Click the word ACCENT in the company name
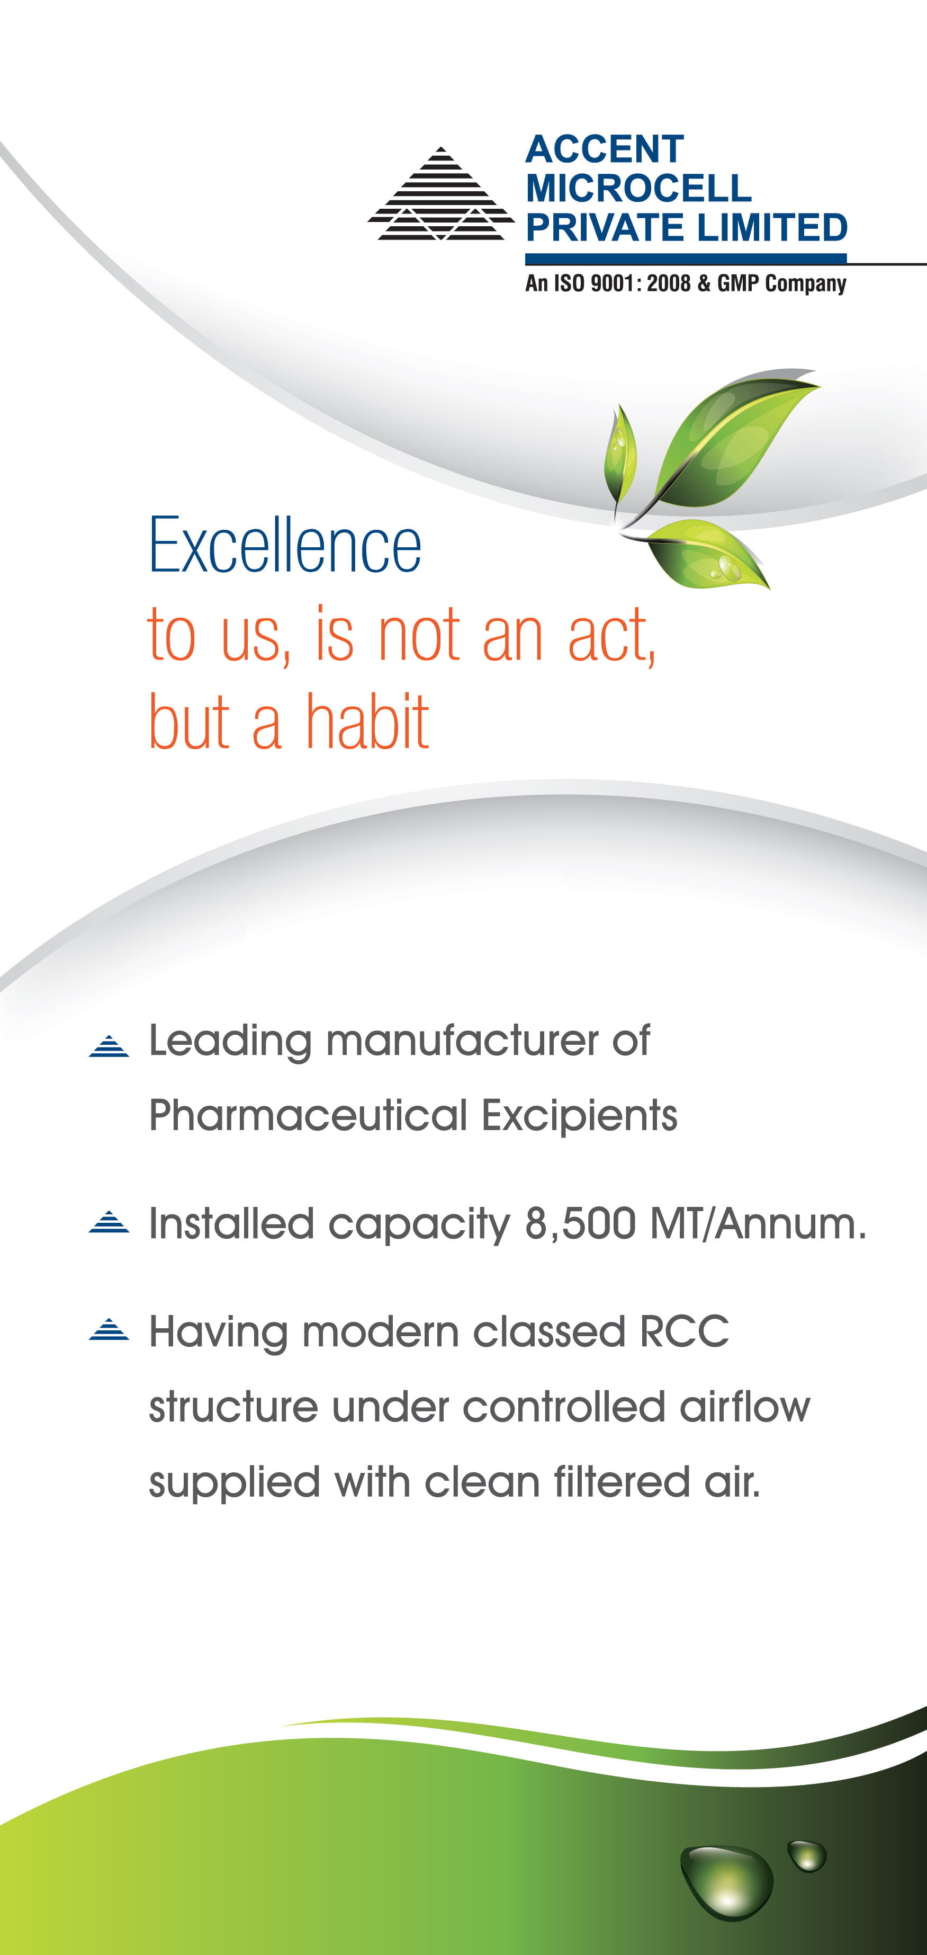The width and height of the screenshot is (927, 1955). [605, 149]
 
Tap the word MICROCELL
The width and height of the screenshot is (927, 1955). [638, 188]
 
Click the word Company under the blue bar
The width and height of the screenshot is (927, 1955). [806, 285]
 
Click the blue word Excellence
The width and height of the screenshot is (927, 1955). [284, 545]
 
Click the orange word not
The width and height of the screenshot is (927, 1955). [419, 635]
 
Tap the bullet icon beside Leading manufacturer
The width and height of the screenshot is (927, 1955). [109, 1046]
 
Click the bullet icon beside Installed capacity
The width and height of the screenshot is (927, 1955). [109, 1222]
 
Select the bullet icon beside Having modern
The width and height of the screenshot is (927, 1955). [109, 1330]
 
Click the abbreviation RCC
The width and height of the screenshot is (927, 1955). [684, 1331]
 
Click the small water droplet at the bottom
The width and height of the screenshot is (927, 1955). [807, 1855]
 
